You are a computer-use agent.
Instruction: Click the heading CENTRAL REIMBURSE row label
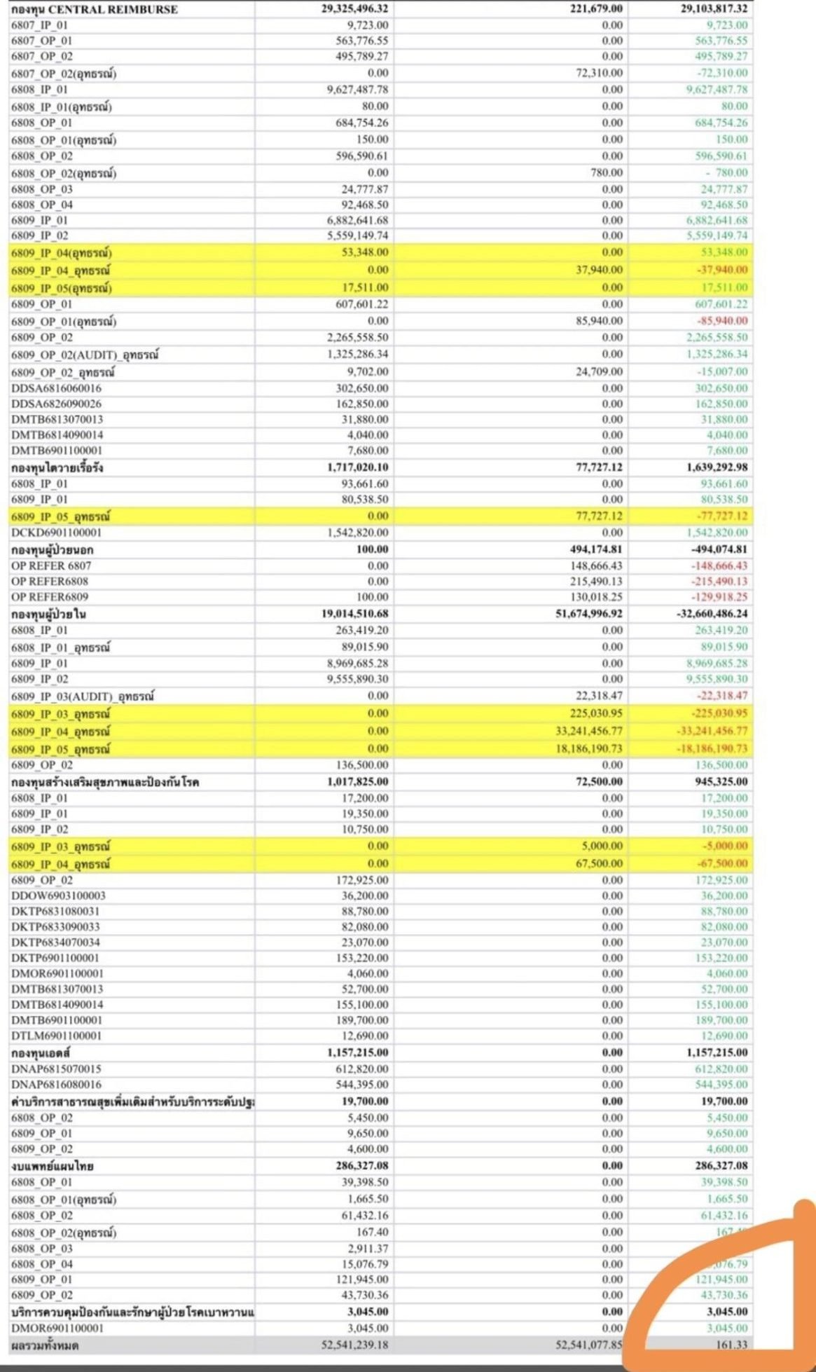point(94,9)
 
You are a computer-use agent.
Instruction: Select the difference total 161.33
point(731,1345)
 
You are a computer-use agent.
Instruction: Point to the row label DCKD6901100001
point(57,533)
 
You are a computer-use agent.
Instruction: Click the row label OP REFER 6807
point(51,565)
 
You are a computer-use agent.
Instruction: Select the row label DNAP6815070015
point(56,1069)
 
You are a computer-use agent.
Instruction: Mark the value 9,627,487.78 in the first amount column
point(357,90)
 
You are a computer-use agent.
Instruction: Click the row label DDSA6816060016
point(56,388)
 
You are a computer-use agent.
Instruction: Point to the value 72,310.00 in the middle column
point(599,73)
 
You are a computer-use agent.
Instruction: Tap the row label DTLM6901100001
point(56,1036)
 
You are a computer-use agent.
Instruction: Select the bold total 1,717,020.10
point(357,467)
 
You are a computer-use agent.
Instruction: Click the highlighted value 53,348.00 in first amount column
point(365,252)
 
